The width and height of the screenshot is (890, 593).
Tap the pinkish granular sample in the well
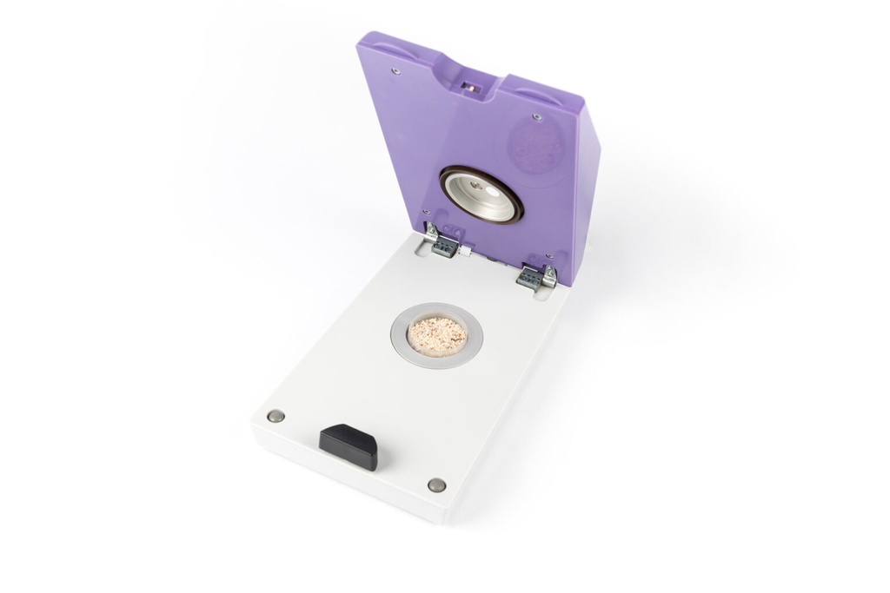click(437, 335)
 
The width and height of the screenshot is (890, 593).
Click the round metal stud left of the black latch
click(276, 416)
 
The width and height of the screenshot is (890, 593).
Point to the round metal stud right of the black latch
click(436, 484)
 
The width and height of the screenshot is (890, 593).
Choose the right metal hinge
click(537, 275)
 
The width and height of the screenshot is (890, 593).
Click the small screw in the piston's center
click(475, 184)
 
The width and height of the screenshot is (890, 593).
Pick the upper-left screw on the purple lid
click(396, 70)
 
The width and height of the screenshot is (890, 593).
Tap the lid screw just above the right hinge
click(548, 256)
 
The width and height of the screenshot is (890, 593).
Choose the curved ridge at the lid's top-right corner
click(540, 86)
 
